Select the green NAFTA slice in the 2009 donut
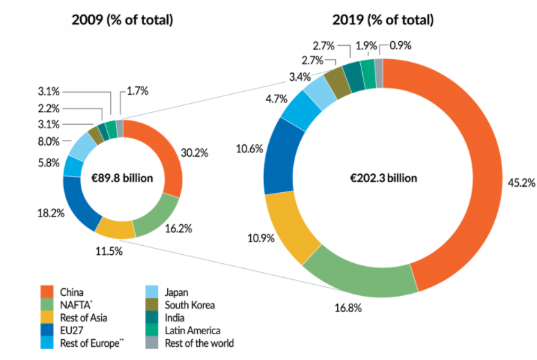(156, 217)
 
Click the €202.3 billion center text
(384, 178)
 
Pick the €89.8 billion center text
(123, 178)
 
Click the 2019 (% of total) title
(384, 19)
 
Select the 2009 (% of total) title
(123, 19)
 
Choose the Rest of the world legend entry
(199, 343)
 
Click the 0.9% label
(400, 46)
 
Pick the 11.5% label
(109, 250)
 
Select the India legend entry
(178, 318)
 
